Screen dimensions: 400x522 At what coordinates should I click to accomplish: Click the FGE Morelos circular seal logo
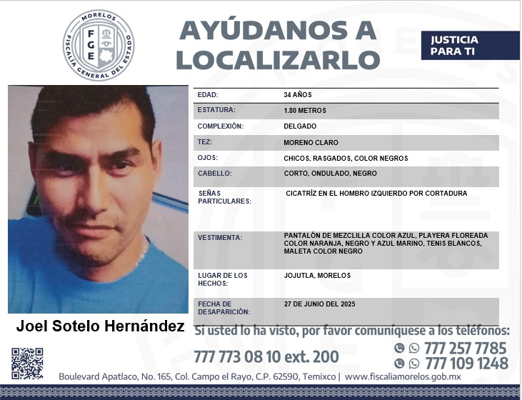tap(98, 45)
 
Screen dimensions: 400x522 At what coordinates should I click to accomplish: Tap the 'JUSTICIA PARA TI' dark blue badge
tap(470, 46)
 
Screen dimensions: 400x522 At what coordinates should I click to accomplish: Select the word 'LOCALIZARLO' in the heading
tap(277, 59)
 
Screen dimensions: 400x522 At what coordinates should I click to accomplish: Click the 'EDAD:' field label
tap(208, 95)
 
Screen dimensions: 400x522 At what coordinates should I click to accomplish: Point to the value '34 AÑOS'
tap(298, 95)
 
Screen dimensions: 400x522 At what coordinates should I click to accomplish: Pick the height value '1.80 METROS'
tap(305, 111)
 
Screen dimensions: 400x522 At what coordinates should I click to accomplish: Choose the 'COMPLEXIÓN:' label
tap(221, 126)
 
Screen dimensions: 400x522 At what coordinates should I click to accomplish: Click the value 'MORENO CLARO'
tap(311, 142)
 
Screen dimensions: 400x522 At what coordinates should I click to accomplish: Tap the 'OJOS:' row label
tap(208, 158)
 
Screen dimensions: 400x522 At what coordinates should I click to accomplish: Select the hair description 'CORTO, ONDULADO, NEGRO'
tap(330, 174)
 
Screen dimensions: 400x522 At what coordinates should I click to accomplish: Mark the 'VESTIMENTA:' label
tap(220, 238)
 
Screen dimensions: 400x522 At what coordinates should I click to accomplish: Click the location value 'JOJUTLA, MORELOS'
tap(317, 275)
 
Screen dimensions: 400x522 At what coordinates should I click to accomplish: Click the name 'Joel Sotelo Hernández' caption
tap(100, 327)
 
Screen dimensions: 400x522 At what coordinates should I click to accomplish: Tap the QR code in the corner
tap(27, 363)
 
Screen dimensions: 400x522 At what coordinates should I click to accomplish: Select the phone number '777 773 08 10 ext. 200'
tap(266, 356)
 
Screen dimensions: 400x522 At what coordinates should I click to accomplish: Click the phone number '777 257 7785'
tap(465, 349)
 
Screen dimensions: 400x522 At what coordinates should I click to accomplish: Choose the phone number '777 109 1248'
tap(466, 364)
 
